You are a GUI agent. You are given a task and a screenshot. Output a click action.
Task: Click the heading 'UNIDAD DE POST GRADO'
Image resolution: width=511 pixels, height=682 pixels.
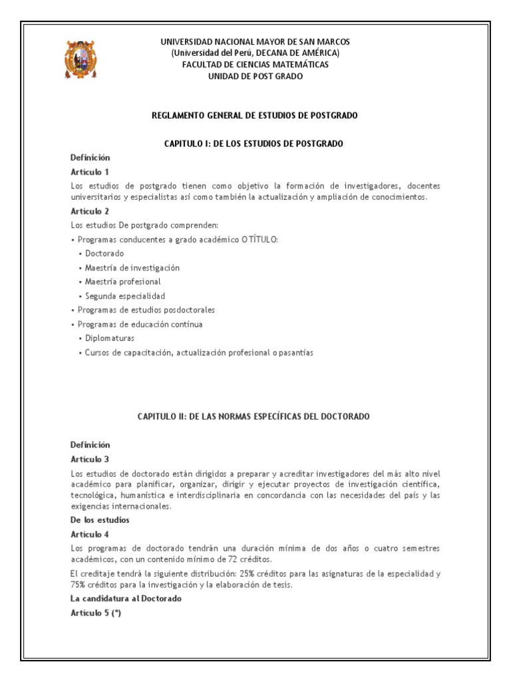coord(255,77)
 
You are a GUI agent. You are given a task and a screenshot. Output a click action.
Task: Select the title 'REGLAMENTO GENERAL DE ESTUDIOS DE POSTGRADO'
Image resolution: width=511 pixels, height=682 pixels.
coord(255,115)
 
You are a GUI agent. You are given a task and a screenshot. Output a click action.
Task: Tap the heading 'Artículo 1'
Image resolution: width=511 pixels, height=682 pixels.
coord(89,172)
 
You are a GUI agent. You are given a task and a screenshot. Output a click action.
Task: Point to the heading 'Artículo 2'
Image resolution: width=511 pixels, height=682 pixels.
coord(89,211)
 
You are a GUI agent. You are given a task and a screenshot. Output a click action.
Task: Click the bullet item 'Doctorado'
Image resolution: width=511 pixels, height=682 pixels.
coord(104,253)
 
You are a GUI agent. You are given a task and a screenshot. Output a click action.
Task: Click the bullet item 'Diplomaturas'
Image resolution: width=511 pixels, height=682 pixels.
coord(110,338)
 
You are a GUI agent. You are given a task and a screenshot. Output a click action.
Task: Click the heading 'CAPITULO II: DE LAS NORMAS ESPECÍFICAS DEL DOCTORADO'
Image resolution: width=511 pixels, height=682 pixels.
coord(254,416)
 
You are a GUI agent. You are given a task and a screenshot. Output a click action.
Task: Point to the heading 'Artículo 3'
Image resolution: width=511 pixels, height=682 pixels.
coord(89,459)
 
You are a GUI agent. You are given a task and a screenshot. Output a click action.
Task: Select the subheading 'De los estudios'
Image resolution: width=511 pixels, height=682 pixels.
coord(100,519)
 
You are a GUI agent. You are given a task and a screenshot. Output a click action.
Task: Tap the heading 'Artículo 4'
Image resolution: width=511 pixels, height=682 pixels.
coord(89,534)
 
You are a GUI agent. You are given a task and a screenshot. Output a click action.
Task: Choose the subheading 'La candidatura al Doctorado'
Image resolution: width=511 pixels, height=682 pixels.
coord(126,598)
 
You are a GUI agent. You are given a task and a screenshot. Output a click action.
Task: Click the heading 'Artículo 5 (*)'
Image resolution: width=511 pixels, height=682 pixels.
coord(95,613)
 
